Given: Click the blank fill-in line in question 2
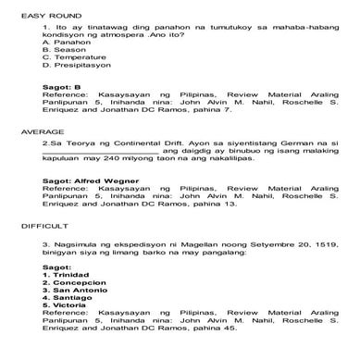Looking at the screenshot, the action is [101, 152].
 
